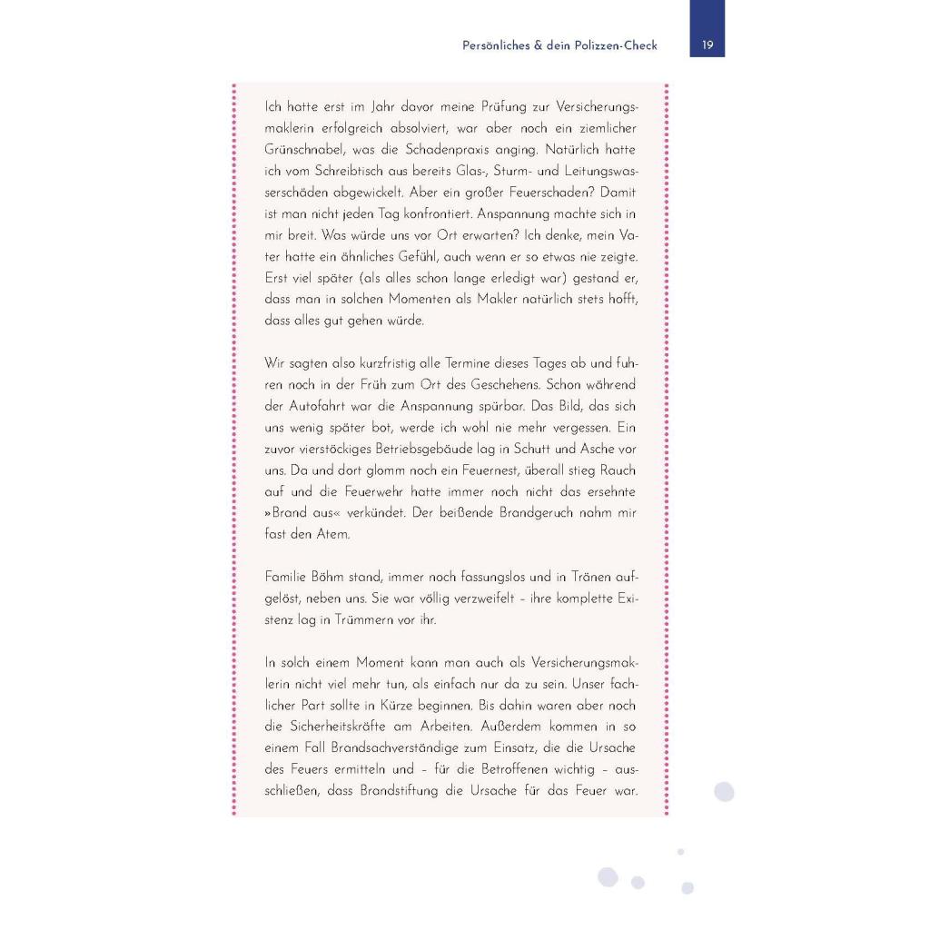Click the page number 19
[x=707, y=45]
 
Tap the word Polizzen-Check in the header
[x=615, y=45]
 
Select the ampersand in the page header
[x=536, y=45]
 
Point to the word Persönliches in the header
[x=496, y=45]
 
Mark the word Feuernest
[x=453, y=470]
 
